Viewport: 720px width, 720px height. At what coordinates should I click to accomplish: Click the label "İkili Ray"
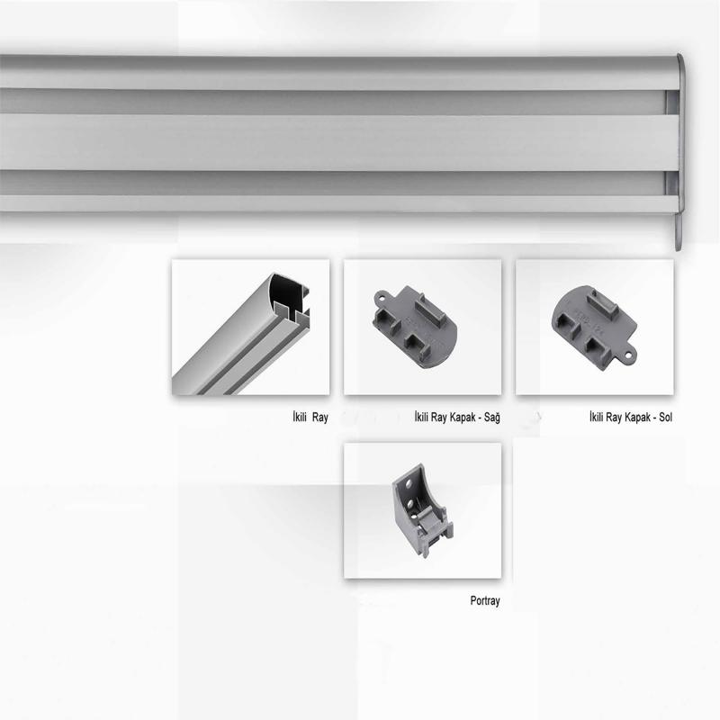(310, 417)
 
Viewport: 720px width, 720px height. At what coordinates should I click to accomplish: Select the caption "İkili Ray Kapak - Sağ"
(457, 417)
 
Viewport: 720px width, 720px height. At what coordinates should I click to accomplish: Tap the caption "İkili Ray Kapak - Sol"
(631, 417)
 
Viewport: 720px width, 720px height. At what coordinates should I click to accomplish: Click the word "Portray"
(485, 600)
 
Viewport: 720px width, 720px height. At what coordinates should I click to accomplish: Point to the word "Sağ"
(491, 418)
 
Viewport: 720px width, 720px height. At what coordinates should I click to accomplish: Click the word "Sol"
(665, 417)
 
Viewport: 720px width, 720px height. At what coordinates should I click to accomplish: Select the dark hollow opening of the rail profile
(286, 290)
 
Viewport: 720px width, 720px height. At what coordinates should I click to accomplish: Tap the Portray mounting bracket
(421, 509)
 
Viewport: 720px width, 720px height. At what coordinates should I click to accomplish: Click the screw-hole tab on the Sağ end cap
(381, 298)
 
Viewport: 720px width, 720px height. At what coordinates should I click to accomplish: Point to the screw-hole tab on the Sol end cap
(628, 355)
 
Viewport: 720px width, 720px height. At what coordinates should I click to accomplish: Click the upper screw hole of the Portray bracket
(409, 483)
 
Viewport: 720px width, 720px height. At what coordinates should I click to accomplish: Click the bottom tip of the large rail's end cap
(679, 250)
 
